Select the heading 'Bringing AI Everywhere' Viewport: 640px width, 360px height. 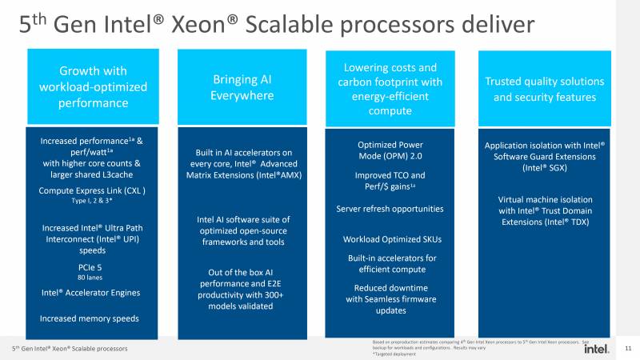(x=242, y=87)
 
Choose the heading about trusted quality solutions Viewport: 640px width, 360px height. (x=544, y=89)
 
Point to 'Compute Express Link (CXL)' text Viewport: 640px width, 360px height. (x=92, y=190)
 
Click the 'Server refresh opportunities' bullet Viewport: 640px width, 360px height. (x=390, y=209)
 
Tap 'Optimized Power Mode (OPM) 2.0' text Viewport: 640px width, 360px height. (x=390, y=150)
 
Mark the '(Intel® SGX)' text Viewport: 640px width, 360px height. (x=544, y=168)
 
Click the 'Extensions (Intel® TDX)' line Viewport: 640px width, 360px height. (x=544, y=222)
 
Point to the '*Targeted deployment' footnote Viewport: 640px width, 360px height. (x=391, y=353)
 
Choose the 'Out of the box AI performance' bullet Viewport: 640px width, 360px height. (x=242, y=283)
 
